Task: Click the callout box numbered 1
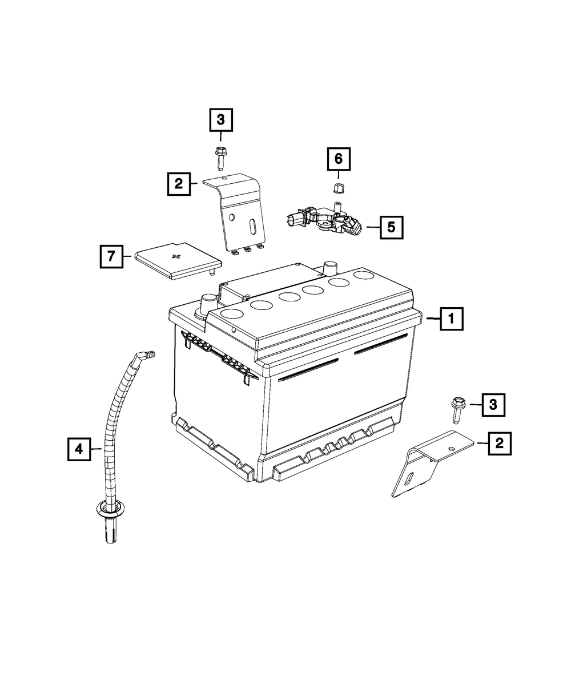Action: (x=451, y=320)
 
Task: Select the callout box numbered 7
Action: (x=111, y=257)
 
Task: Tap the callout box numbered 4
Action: (x=79, y=449)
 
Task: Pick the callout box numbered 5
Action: (x=391, y=227)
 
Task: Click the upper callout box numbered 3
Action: (x=221, y=120)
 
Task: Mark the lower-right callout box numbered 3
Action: (x=493, y=405)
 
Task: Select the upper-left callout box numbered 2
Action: (x=179, y=184)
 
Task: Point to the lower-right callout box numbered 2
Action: (x=499, y=443)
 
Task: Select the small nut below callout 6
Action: (x=337, y=188)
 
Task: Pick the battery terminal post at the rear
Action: (x=329, y=267)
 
